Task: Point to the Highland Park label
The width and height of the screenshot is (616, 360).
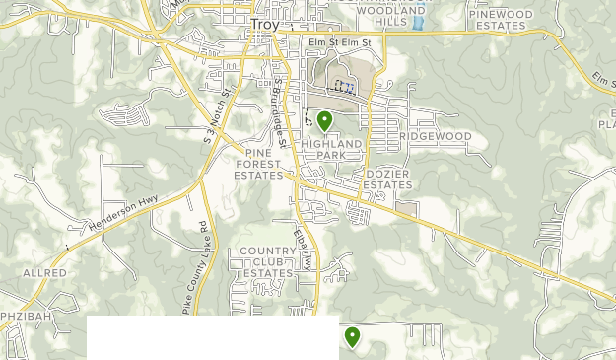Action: pyautogui.click(x=332, y=150)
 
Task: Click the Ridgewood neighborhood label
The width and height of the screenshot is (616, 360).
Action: pyautogui.click(x=436, y=136)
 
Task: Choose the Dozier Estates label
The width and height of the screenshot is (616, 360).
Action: pyautogui.click(x=387, y=180)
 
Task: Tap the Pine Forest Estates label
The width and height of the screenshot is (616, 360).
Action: pyautogui.click(x=259, y=164)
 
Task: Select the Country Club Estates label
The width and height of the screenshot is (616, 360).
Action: pyautogui.click(x=268, y=262)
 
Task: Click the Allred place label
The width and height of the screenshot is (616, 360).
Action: pyautogui.click(x=45, y=273)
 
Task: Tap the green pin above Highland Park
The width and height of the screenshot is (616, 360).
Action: pyautogui.click(x=324, y=121)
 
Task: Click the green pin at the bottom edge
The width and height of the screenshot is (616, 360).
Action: pyautogui.click(x=352, y=337)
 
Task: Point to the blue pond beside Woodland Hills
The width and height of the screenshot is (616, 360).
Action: pyautogui.click(x=418, y=21)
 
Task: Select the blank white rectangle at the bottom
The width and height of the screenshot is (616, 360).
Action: pyautogui.click(x=212, y=338)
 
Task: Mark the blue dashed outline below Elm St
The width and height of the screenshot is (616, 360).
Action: pyautogui.click(x=344, y=86)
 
